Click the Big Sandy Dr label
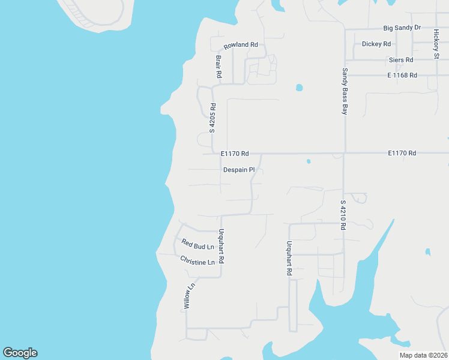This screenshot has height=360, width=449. point(402,28)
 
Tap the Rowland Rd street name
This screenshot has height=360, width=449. point(241,46)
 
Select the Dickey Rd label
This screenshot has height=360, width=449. point(376,44)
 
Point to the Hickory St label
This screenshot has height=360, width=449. point(436,44)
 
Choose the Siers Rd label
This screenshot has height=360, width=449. point(400,60)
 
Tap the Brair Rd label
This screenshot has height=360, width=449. point(218,67)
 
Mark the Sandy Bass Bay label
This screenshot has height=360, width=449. point(345,91)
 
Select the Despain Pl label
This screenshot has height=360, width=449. point(239,170)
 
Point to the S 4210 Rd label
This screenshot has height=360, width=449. point(343,216)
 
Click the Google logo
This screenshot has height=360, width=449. point(20,353)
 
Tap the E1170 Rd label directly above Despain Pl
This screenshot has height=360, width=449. point(234,154)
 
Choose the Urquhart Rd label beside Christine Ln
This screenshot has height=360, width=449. point(221,247)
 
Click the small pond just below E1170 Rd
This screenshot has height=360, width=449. point(309,161)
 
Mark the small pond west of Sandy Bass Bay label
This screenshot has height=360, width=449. point(299,88)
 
